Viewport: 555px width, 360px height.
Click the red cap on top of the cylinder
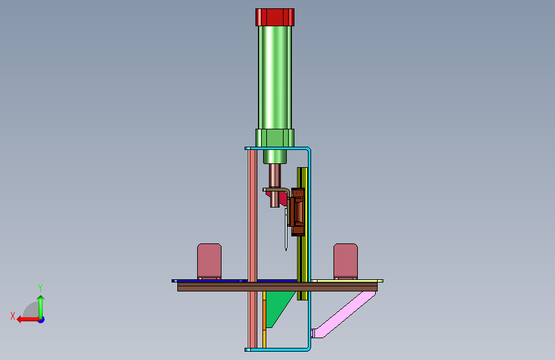click(x=275, y=17)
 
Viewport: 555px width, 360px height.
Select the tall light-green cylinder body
click(x=275, y=78)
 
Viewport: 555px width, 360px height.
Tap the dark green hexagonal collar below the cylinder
click(x=275, y=138)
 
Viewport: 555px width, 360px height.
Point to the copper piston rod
click(x=275, y=185)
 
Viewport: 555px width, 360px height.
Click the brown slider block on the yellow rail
click(x=298, y=212)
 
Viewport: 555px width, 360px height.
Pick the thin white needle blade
click(x=286, y=229)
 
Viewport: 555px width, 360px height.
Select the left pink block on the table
click(x=209, y=261)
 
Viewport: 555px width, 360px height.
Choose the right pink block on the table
click(x=346, y=261)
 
